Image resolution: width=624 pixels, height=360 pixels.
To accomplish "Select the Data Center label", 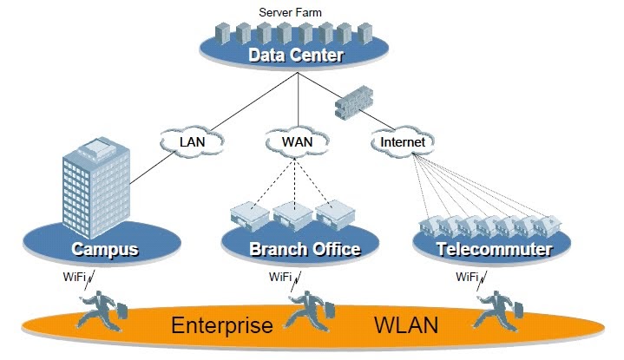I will click(296, 56).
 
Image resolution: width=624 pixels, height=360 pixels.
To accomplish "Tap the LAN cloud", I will click(191, 140).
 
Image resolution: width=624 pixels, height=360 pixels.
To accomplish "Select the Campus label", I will click(105, 250).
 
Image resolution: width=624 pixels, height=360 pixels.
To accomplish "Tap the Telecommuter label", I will click(494, 250).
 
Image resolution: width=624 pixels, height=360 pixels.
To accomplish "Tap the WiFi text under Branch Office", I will click(279, 278).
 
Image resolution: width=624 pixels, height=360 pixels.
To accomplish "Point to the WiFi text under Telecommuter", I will click(467, 278).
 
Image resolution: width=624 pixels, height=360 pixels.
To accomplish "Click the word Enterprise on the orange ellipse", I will click(222, 327).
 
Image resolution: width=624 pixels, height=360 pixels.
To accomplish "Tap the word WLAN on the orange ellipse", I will click(405, 327).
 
